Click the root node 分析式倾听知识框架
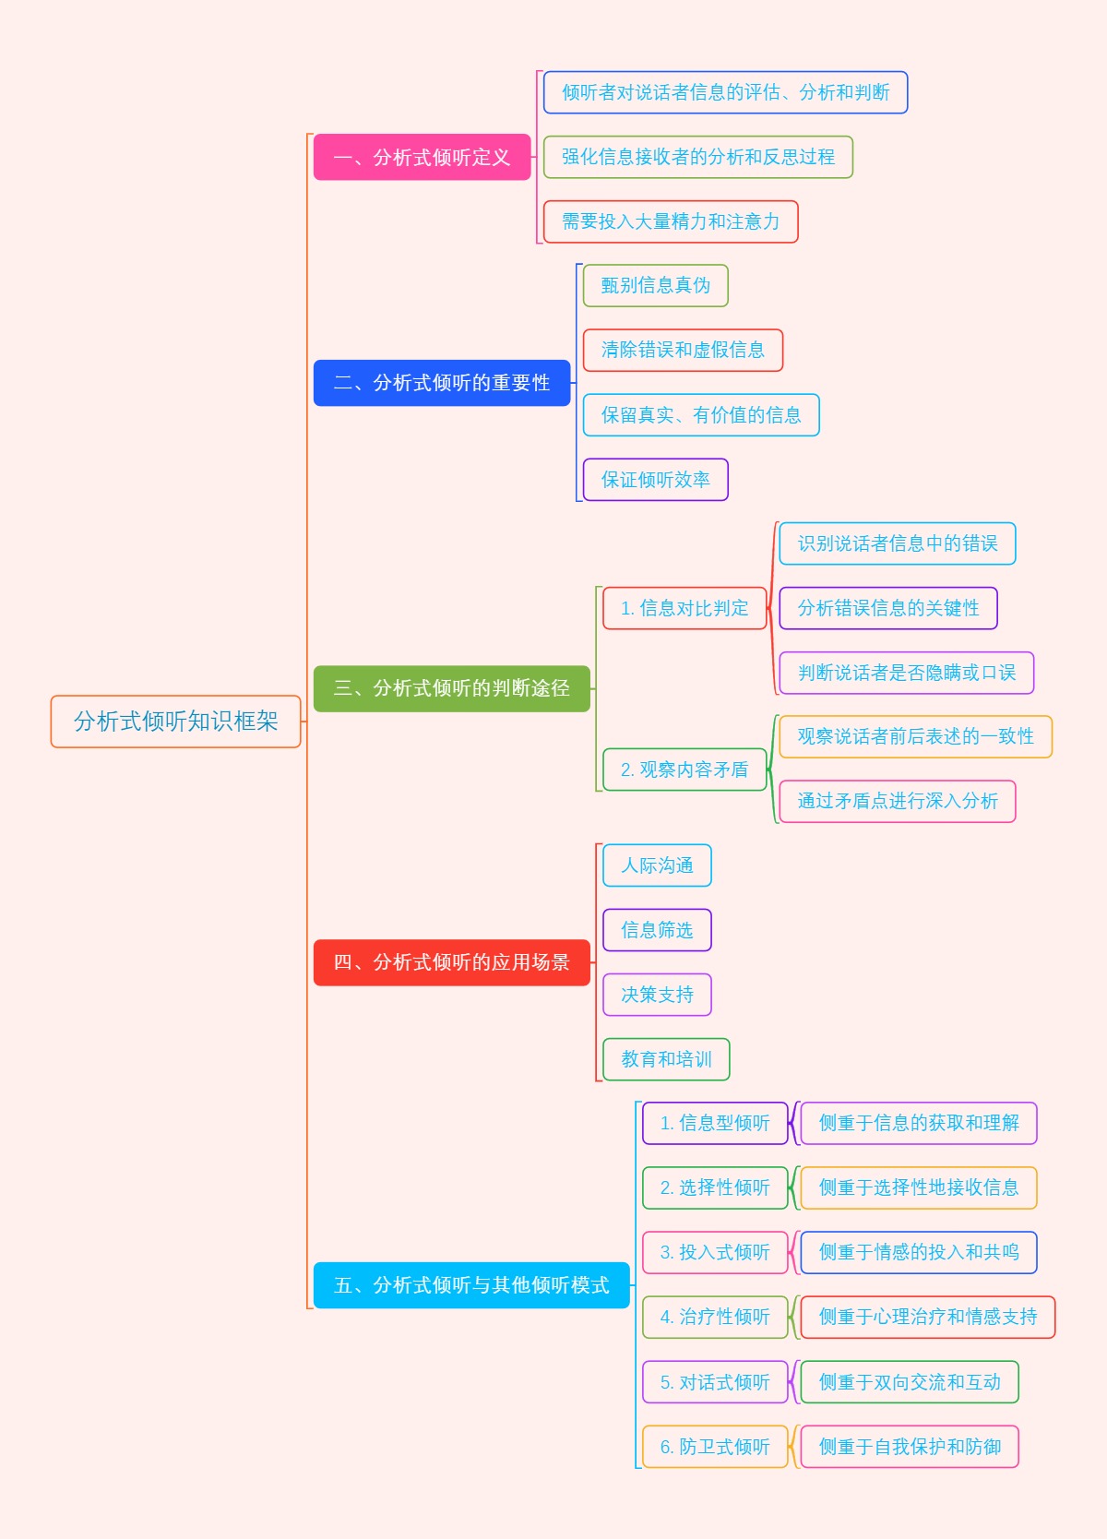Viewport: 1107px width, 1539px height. (175, 722)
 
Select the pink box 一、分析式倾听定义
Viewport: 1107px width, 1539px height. (422, 157)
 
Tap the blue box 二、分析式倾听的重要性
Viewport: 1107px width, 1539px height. (442, 383)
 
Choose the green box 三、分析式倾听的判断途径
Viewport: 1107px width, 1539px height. (451, 688)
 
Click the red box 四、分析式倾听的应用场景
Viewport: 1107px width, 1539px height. (451, 962)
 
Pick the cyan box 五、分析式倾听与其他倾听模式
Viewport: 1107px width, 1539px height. (471, 1285)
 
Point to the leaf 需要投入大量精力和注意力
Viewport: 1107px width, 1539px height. (671, 221)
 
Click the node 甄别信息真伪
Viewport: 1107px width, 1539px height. (655, 286)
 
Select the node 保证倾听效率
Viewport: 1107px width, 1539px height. (655, 480)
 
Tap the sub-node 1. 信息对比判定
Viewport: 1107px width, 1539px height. (684, 608)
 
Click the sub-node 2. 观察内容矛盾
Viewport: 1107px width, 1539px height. (684, 769)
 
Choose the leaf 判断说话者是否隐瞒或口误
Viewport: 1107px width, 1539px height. (906, 673)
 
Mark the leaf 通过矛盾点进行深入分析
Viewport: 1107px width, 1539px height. (897, 801)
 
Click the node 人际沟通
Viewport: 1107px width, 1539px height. (657, 865)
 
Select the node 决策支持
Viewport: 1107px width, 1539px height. (657, 995)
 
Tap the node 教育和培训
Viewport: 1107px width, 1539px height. (666, 1059)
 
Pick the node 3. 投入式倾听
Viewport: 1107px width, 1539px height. (715, 1252)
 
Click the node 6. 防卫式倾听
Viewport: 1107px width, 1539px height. (715, 1447)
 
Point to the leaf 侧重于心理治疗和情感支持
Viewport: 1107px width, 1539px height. (927, 1317)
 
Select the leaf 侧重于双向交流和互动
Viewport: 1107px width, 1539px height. (909, 1382)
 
